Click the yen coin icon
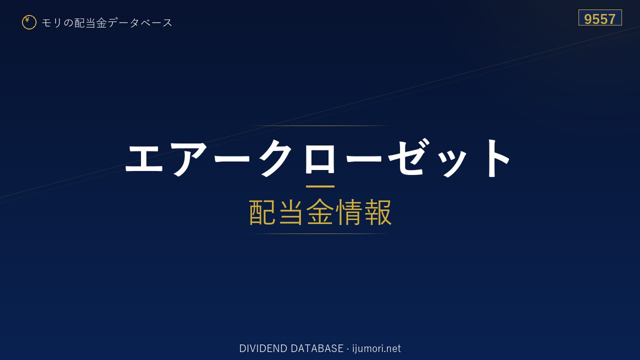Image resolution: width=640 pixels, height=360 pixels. [x=29, y=22]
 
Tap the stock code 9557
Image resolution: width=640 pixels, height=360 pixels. [x=599, y=19]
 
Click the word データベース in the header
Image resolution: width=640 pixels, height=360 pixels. [x=140, y=23]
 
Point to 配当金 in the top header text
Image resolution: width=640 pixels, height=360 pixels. [x=90, y=23]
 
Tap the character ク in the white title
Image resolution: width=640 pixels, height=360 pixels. [x=275, y=157]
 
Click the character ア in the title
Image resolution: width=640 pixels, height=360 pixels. [x=189, y=158]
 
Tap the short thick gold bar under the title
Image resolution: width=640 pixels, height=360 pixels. [x=320, y=186]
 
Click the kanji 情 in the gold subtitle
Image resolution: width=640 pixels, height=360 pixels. [x=349, y=212]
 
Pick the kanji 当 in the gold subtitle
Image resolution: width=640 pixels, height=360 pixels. [x=291, y=212]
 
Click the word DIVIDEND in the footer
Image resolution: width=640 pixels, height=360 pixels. [x=263, y=348]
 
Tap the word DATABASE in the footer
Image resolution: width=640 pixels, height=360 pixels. [x=317, y=348]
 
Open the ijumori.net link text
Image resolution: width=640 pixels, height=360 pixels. [x=376, y=348]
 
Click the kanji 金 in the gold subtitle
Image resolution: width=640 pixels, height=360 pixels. [x=319, y=212]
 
